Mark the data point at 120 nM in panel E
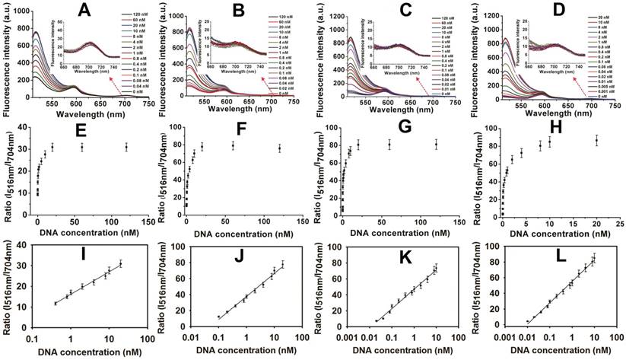[x=126, y=147]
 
